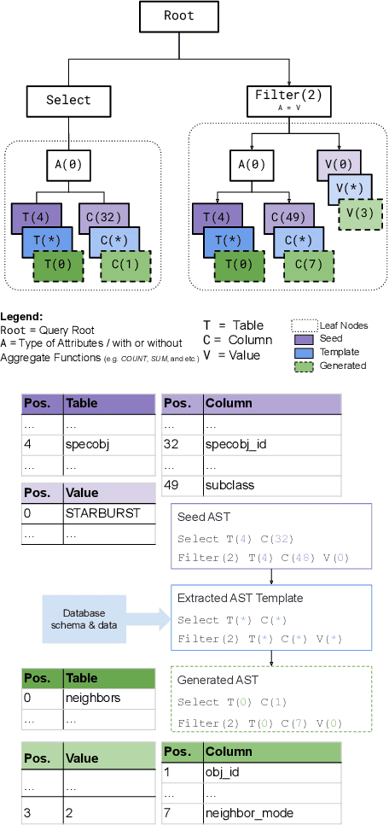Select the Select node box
tap(68, 100)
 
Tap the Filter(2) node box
tap(289, 98)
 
